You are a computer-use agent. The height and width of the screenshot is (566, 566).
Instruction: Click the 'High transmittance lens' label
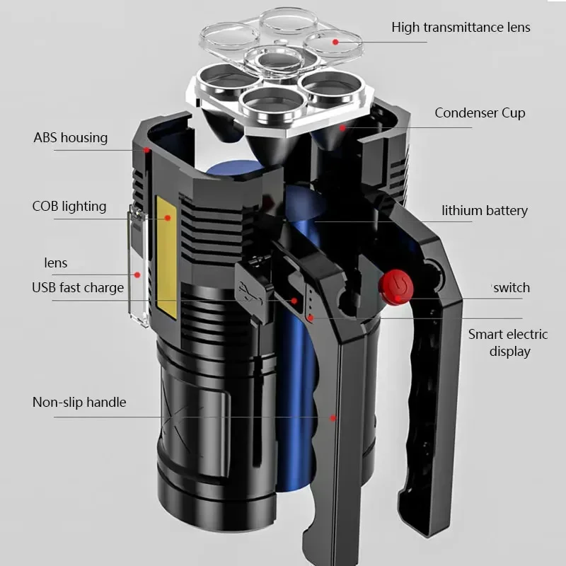click(x=461, y=28)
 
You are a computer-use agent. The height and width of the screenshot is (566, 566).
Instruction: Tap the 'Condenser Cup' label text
click(x=480, y=113)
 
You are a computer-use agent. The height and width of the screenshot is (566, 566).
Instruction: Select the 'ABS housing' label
click(x=71, y=137)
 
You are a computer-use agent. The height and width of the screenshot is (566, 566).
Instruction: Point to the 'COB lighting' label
click(x=69, y=207)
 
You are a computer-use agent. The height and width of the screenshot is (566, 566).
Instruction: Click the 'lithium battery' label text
click(x=485, y=211)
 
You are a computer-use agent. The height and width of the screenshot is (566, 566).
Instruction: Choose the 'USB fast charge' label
click(x=78, y=287)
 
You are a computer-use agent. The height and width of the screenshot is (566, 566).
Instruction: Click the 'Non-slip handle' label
click(x=79, y=402)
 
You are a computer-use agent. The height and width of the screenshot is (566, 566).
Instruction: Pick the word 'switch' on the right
click(x=512, y=287)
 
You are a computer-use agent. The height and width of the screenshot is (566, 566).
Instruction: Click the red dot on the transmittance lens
click(x=337, y=42)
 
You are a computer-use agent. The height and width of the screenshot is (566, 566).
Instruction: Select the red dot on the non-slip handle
click(x=333, y=418)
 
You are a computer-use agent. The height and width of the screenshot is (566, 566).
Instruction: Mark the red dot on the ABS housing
click(x=146, y=150)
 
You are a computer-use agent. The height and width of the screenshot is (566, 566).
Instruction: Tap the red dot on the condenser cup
click(x=342, y=128)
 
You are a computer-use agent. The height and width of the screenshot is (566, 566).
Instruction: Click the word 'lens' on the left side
click(x=56, y=263)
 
